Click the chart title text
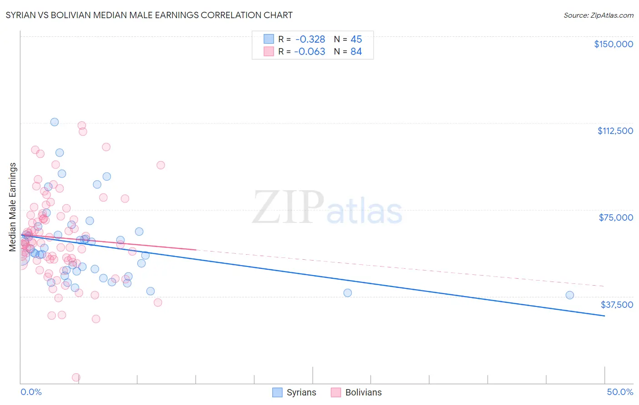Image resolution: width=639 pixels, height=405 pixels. pyautogui.click(x=149, y=15)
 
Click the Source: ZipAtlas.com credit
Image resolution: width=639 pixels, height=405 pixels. pyautogui.click(x=598, y=15)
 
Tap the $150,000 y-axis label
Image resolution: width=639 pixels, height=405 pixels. pyautogui.click(x=613, y=44)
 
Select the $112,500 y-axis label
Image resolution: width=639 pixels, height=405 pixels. pyautogui.click(x=615, y=131)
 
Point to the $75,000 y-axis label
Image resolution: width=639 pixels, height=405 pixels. pyautogui.click(x=616, y=217)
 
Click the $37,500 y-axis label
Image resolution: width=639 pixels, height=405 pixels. pyautogui.click(x=617, y=305)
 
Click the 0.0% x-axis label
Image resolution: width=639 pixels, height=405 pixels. pyautogui.click(x=31, y=392)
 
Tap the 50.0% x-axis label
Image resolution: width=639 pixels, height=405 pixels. pyautogui.click(x=620, y=392)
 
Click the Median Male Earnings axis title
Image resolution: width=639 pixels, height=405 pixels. pyautogui.click(x=13, y=207)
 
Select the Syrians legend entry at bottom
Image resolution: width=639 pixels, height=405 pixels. pyautogui.click(x=295, y=392)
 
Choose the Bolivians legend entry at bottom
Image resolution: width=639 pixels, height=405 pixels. pyautogui.click(x=356, y=392)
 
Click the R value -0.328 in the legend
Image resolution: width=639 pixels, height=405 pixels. pyautogui.click(x=310, y=40)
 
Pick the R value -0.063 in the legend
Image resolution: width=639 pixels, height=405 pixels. pyautogui.click(x=310, y=52)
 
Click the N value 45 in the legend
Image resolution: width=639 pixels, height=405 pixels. pyautogui.click(x=356, y=40)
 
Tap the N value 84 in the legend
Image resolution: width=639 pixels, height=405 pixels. pyautogui.click(x=356, y=52)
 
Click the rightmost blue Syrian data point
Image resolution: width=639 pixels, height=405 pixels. pyautogui.click(x=569, y=295)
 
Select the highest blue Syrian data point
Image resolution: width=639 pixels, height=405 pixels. pyautogui.click(x=55, y=122)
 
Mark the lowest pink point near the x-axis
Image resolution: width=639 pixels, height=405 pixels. pyautogui.click(x=76, y=377)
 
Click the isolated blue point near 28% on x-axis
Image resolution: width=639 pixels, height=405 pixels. pyautogui.click(x=348, y=293)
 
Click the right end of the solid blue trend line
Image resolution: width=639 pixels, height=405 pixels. pyautogui.click(x=604, y=316)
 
